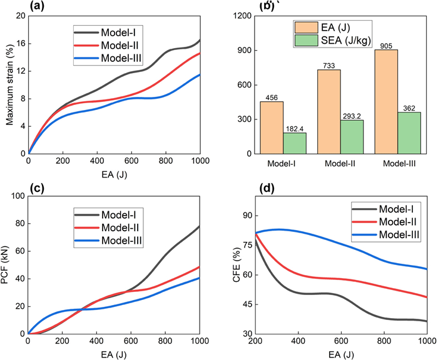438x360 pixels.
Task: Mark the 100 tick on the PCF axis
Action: click(16, 196)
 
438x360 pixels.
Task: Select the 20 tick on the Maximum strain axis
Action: click(19, 16)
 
